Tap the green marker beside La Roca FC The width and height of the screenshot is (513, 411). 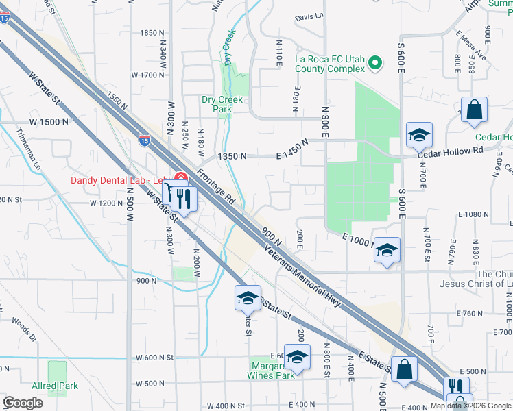point(375,64)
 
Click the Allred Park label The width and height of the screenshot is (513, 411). point(55,386)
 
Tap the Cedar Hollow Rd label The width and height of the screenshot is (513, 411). point(450,151)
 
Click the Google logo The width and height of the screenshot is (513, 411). point(23,403)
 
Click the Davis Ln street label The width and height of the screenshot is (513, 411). point(309,16)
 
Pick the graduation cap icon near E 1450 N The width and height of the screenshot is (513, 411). point(419,135)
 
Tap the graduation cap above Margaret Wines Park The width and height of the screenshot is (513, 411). point(296,357)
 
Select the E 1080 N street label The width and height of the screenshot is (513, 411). point(473,214)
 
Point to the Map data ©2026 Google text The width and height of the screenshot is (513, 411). point(470,406)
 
